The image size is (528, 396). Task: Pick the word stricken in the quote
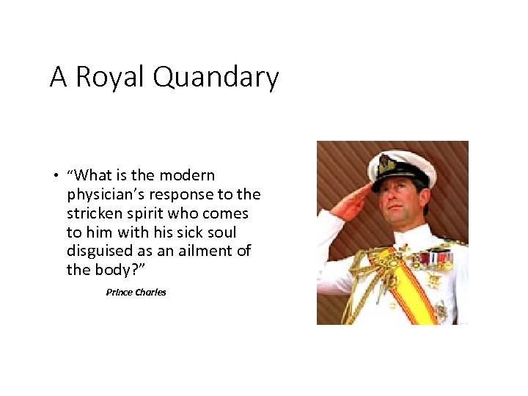94,213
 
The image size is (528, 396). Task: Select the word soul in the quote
220,232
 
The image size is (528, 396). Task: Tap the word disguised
100,251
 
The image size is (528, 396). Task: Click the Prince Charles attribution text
136,292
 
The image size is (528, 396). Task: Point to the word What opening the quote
95,175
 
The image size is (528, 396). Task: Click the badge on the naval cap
384,161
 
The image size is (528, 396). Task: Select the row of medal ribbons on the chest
433,258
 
